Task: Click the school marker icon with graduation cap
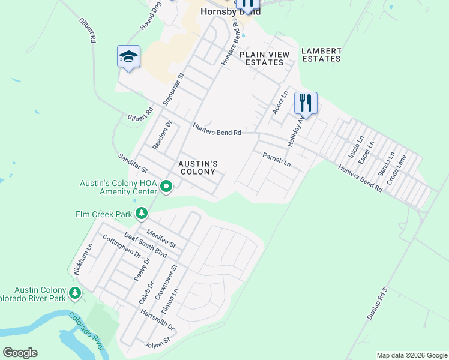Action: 128,57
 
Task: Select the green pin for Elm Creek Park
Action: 142,213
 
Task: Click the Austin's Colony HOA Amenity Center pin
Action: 167,189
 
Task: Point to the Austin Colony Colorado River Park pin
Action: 75,293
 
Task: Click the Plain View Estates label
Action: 264,58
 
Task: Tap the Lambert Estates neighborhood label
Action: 321,55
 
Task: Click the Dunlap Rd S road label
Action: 382,306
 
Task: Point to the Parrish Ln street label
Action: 276,160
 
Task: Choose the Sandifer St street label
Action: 133,163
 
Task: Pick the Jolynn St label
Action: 158,345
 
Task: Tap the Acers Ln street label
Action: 280,104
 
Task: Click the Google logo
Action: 20,353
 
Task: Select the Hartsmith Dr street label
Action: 157,320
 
